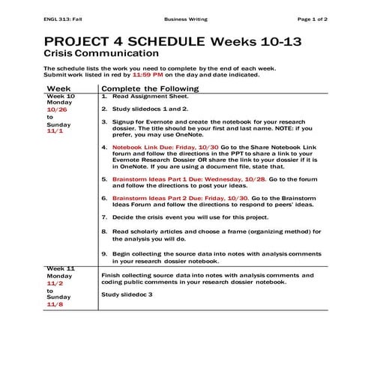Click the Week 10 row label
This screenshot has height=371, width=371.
(x=61, y=97)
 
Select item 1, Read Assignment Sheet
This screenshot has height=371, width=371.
(x=142, y=97)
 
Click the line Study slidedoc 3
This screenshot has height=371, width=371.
(x=126, y=295)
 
